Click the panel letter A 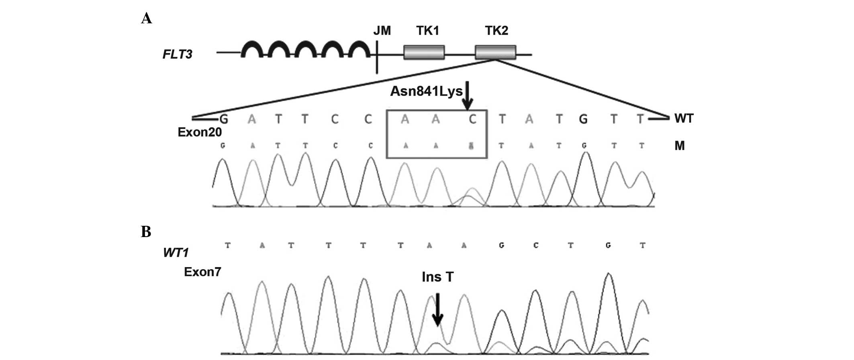tap(146, 18)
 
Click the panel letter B tap(146, 232)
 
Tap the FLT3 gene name tap(177, 54)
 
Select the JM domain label tap(382, 31)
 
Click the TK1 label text tap(427, 31)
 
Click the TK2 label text tap(496, 31)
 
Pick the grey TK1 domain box tap(424, 52)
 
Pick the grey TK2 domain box tap(495, 52)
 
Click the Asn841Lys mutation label tap(426, 92)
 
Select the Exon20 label tap(200, 132)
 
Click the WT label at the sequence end tap(684, 119)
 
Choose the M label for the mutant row tap(679, 146)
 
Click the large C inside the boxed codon tap(472, 119)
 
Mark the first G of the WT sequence tap(224, 119)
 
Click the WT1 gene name tap(176, 253)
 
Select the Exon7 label tap(202, 272)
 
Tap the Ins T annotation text tap(437, 277)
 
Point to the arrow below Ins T tap(437, 309)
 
